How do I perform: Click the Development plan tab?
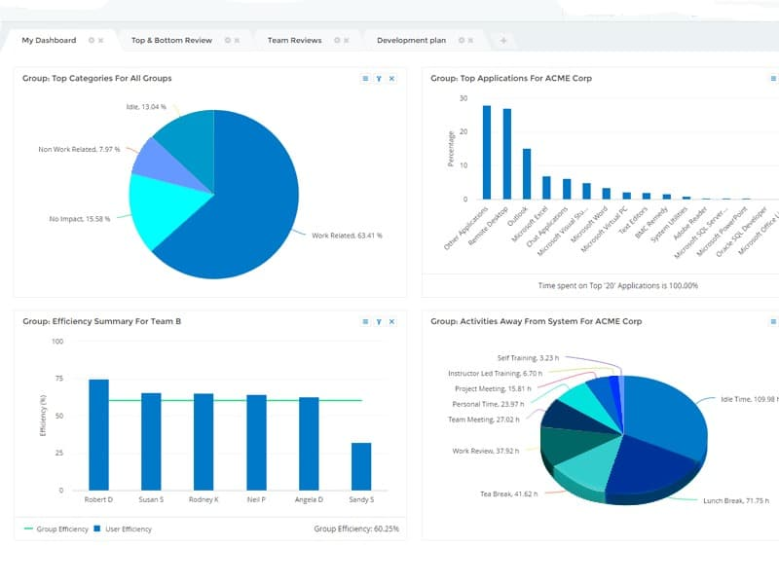pos(411,40)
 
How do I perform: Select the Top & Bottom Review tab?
pos(171,40)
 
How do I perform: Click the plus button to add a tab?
pos(503,40)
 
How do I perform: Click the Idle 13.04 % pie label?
pos(146,106)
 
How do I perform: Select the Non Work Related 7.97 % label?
pos(79,150)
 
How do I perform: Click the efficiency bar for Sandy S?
pos(361,466)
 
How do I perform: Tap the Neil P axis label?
pos(256,499)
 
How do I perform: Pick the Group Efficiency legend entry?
pos(56,529)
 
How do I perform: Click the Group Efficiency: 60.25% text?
pos(356,529)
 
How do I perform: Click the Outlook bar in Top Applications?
pos(527,174)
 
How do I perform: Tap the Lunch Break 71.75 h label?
pos(735,500)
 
